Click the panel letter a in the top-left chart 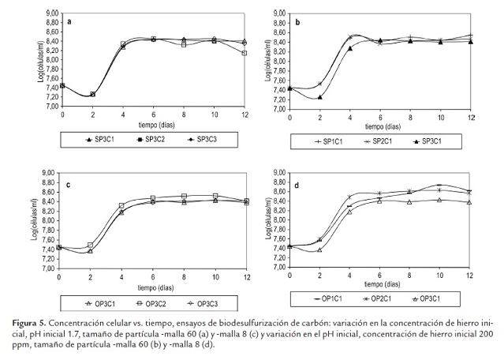[x=70, y=21]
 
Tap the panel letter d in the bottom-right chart [x=297, y=186]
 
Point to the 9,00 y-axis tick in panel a [x=47, y=13]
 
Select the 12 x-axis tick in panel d [x=470, y=275]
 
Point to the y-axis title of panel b [x=268, y=61]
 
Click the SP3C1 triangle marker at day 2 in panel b [x=320, y=97]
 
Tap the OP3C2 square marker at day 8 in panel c [x=184, y=196]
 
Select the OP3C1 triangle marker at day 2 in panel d [x=320, y=249]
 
